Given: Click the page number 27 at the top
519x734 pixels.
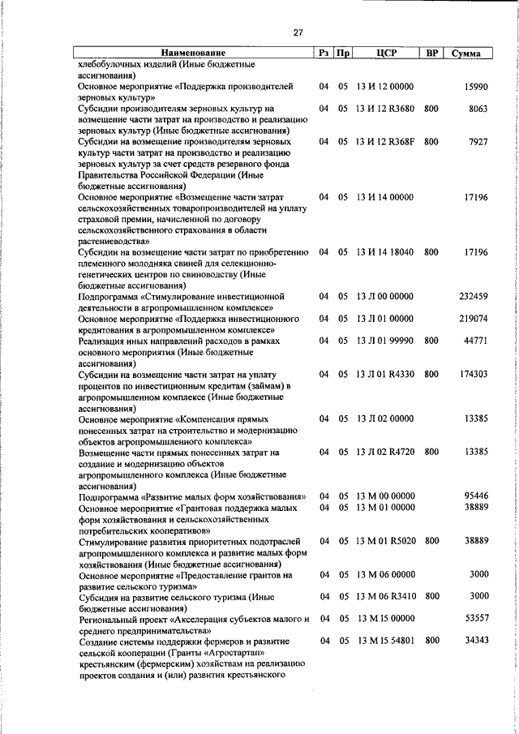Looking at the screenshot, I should coord(298,32).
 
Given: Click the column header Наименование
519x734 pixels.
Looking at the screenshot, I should coord(193,53).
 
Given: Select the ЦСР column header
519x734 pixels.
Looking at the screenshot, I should coord(385,53).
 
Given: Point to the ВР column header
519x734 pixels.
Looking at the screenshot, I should coord(433,53).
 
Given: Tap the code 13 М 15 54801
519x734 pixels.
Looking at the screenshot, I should coord(386,640).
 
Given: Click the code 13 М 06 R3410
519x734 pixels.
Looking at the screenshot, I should coord(386,596).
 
